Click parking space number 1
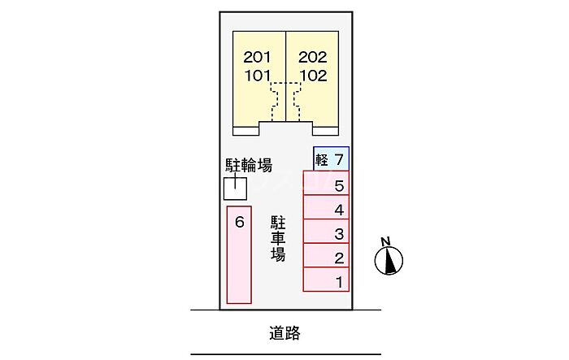click(326, 280)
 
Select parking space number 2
click(326, 255)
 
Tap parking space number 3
click(326, 231)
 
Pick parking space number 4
click(326, 207)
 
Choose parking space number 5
click(326, 183)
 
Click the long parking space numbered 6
click(239, 254)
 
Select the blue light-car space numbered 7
click(332, 158)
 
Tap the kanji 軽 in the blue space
click(322, 159)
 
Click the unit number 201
click(257, 57)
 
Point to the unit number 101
click(258, 76)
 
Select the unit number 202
click(313, 57)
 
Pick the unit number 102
click(313, 76)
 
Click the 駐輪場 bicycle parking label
click(249, 166)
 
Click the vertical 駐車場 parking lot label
click(278, 239)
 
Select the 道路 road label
click(284, 333)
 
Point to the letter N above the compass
click(386, 241)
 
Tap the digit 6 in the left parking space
click(240, 222)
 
